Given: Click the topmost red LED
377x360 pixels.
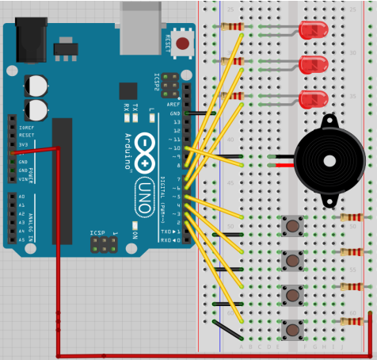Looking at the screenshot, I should coord(314,30).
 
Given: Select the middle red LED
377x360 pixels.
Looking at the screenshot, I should coord(314,64).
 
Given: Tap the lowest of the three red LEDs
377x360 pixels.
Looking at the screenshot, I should coord(314,99).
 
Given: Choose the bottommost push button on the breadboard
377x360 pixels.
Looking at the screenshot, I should coord(293,328).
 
